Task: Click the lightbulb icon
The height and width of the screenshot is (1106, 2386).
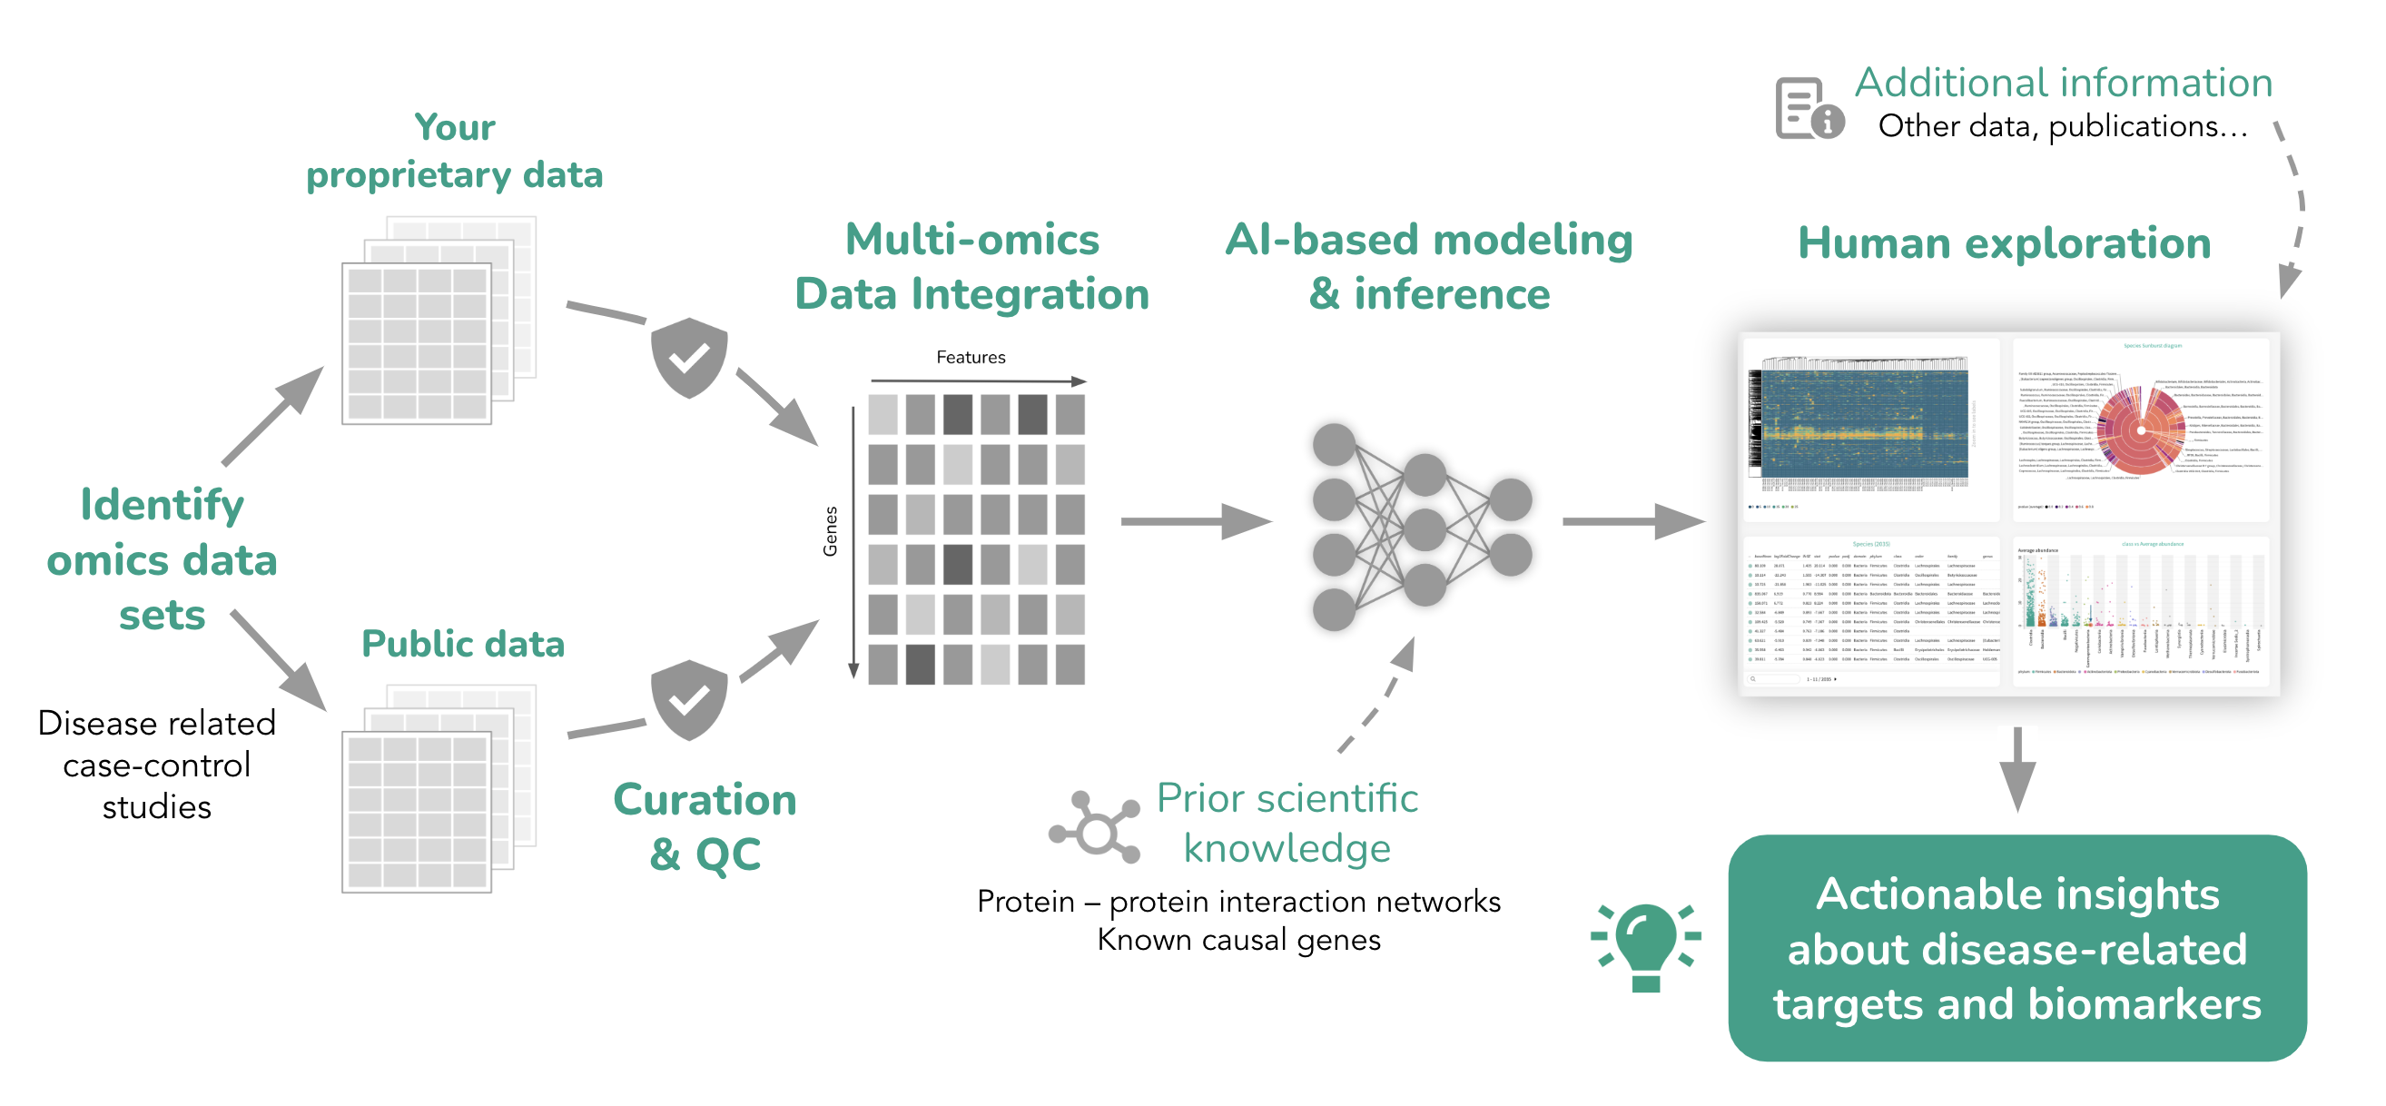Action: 1645,946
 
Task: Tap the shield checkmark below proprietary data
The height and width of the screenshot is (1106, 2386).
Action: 689,358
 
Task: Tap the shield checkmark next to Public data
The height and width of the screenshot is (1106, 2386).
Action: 689,699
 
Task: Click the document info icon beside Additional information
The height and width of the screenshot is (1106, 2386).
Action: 1808,109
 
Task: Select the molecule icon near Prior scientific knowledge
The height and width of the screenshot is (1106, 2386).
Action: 1096,827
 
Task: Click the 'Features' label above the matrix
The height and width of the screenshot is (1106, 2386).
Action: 970,358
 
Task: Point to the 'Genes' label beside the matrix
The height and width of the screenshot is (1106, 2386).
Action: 831,531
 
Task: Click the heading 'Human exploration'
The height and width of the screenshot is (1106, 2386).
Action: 2004,243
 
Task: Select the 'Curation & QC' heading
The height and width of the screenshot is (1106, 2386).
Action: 705,825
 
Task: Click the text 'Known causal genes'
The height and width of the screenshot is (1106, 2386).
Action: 1238,939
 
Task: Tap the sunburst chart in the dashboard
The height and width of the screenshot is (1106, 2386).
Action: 2140,430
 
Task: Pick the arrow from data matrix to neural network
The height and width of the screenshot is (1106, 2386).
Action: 1194,521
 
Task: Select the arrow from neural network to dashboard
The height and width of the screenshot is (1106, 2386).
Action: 1632,521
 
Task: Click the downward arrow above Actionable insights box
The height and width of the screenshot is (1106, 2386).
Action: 2016,768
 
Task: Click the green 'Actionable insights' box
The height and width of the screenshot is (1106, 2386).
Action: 2016,948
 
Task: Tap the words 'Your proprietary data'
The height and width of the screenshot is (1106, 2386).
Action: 454,151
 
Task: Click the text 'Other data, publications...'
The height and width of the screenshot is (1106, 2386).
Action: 2062,126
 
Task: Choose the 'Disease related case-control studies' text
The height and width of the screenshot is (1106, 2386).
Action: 156,765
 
